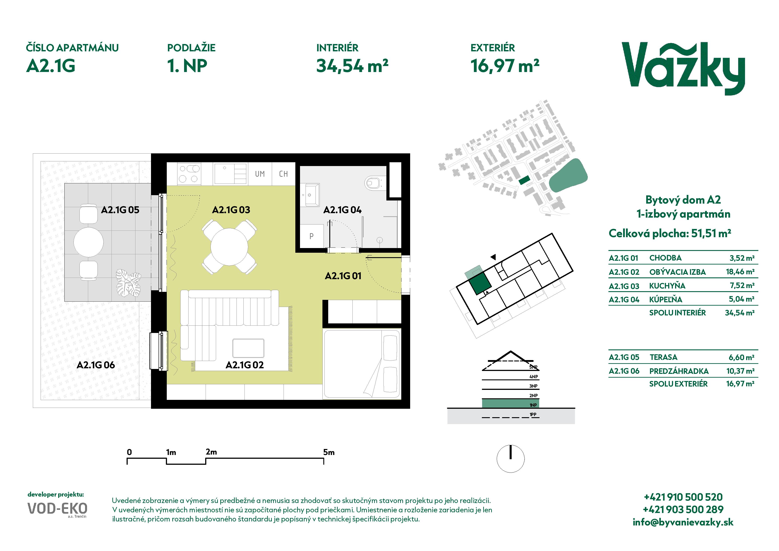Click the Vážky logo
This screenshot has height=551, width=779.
point(683,69)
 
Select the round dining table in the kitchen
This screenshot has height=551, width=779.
point(229,247)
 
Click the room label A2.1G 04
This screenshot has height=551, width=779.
point(342,210)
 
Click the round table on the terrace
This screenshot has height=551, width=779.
point(89,242)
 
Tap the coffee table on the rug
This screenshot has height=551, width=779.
point(248,348)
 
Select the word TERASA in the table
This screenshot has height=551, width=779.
point(663,357)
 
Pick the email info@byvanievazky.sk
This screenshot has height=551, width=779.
point(683,522)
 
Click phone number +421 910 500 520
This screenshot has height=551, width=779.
point(683,497)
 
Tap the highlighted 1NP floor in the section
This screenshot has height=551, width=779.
point(510,403)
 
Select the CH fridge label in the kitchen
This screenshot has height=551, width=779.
point(283,174)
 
